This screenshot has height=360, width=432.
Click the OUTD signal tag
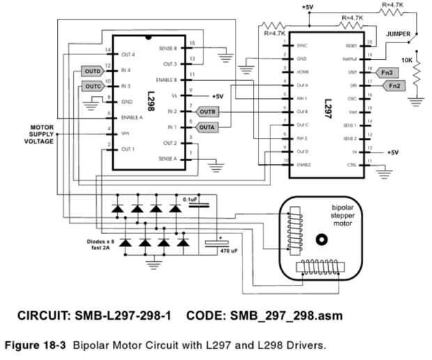click(93, 71)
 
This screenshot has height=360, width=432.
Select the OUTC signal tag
click(93, 86)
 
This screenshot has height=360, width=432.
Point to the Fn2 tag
click(394, 86)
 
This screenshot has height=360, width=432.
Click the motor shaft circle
click(321, 240)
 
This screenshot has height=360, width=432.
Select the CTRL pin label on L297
click(351, 165)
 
